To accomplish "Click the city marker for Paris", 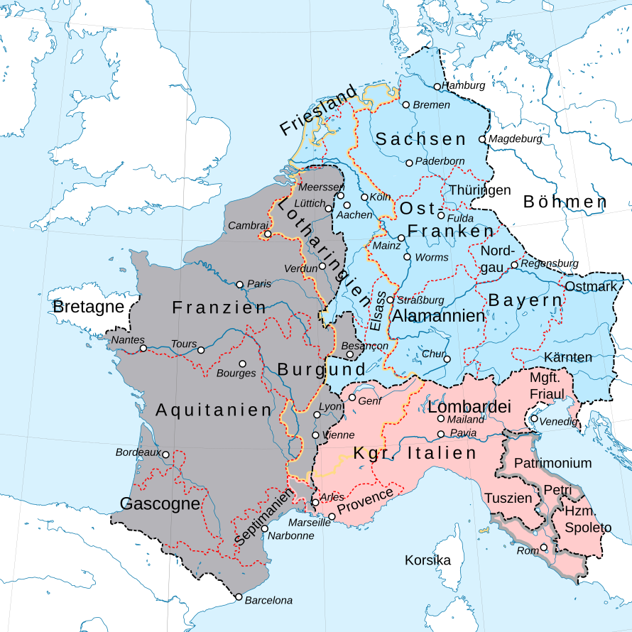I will click(240, 284).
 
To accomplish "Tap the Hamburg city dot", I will click(437, 87).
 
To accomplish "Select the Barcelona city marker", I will click(239, 597).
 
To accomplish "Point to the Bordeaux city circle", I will click(165, 454).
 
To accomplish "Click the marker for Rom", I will click(544, 547).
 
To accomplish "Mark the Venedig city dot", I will click(534, 419).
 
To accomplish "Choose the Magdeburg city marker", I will click(482, 139).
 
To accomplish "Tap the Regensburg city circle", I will click(515, 264).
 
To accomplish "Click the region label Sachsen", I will click(420, 139).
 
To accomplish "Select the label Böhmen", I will click(565, 202).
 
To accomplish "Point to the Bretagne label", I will click(88, 307).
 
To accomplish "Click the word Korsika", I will click(427, 560).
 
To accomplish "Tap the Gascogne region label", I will click(160, 504).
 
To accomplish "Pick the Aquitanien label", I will click(214, 410).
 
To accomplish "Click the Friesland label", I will click(317, 111).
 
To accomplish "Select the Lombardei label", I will click(469, 408).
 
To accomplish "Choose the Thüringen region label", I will click(479, 190).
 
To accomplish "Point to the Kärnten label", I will click(568, 356).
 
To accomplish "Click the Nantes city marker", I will click(143, 349).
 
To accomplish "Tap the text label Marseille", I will click(310, 522).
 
